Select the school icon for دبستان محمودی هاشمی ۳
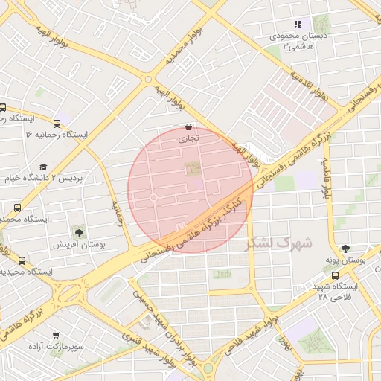[298, 24]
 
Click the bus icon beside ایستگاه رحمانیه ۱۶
[57, 124]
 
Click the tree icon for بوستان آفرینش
[79, 233]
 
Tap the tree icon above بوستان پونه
[345, 249]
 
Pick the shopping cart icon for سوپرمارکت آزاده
[55, 335]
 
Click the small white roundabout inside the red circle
[153, 198]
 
